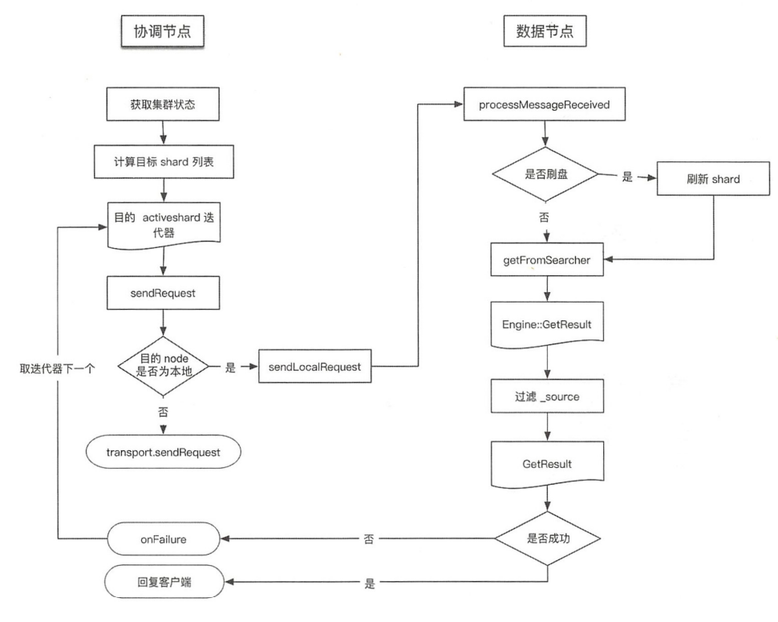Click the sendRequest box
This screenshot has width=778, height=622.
pos(164,294)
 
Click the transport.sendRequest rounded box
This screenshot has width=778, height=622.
pos(164,452)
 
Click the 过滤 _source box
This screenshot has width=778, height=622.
pos(546,396)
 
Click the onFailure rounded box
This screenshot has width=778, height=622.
pos(164,538)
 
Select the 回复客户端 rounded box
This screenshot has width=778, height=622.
pos(164,582)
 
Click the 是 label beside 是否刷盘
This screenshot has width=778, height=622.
pos(627,177)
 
